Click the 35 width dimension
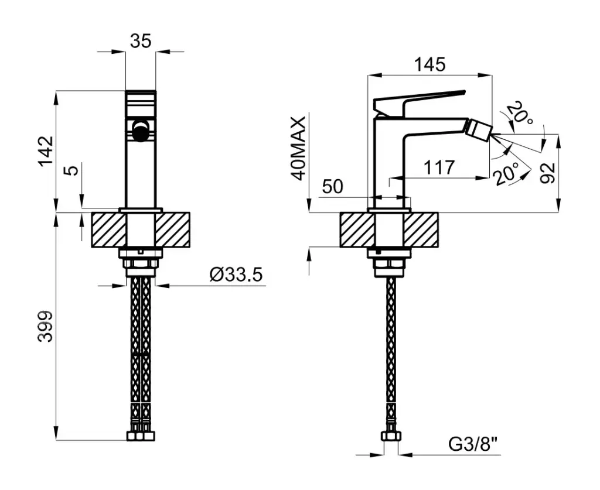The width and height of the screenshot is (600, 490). (141, 42)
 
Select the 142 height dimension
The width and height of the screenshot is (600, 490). (46, 151)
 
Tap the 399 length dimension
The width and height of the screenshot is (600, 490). (46, 327)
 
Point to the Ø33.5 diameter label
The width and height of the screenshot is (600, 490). (236, 275)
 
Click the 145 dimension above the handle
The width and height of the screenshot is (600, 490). (430, 64)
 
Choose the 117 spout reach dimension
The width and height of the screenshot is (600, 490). (439, 167)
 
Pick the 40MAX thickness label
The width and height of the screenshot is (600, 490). (298, 148)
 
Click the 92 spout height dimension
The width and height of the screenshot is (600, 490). (548, 173)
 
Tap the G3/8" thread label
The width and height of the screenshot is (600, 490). (473, 444)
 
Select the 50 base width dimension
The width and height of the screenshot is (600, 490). (333, 187)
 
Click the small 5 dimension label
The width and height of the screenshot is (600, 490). (73, 169)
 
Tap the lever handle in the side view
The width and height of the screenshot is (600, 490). (418, 102)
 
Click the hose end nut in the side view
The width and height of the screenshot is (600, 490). (390, 437)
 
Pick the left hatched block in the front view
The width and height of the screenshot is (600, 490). (108, 230)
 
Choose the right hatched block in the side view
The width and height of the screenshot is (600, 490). (421, 230)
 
